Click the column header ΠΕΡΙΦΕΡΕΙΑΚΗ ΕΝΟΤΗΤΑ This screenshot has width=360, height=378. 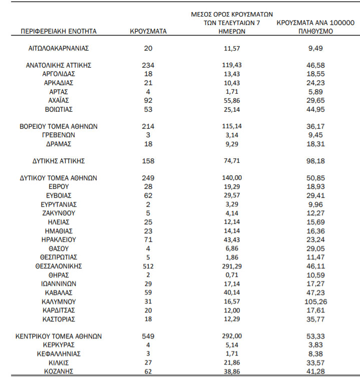(59, 31)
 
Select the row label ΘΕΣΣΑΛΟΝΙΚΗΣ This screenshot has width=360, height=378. (59, 266)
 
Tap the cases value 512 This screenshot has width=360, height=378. (148, 266)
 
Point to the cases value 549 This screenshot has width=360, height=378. (148, 336)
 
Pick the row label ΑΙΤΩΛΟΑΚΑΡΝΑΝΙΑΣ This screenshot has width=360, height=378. (59, 48)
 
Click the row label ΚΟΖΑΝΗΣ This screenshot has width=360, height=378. (59, 371)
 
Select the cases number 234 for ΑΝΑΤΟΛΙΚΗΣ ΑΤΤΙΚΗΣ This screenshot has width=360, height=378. (148, 65)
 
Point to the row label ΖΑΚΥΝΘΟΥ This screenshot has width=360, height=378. (59, 213)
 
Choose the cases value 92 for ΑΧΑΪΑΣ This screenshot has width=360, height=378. (148, 100)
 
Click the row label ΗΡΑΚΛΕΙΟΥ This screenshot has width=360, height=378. (59, 239)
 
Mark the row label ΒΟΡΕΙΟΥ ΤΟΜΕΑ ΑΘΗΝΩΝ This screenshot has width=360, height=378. (59, 126)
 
